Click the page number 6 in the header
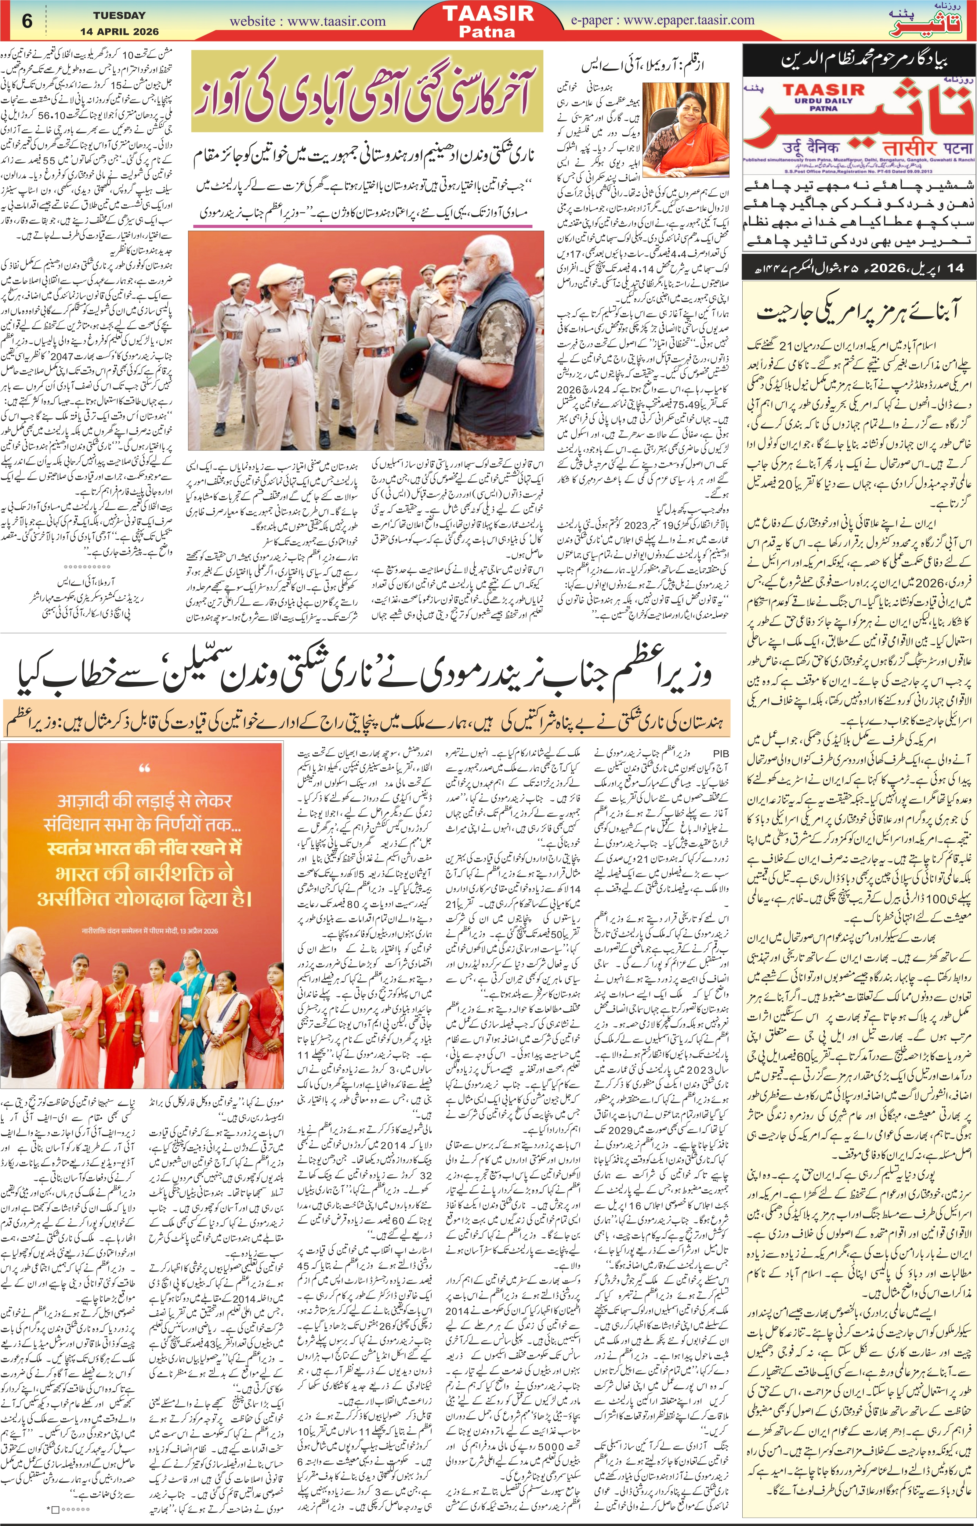tap(27, 21)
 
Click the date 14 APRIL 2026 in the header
tap(119, 31)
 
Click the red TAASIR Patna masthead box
tap(488, 21)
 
